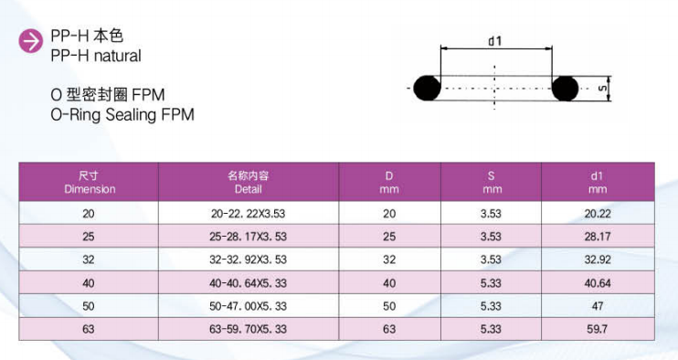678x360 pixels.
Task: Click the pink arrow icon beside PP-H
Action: coord(31,41)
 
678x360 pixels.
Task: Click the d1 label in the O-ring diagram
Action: coord(494,41)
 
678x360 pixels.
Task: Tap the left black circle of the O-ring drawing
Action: coord(428,88)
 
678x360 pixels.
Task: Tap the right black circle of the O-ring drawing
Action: coord(565,88)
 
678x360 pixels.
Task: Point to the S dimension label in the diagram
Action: coord(602,88)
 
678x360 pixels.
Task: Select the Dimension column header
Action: coord(90,183)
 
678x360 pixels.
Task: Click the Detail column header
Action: coord(249,183)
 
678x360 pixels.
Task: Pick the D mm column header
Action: coord(389,183)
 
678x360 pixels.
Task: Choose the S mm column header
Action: coord(492,183)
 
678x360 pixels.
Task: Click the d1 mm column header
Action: coord(598,183)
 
